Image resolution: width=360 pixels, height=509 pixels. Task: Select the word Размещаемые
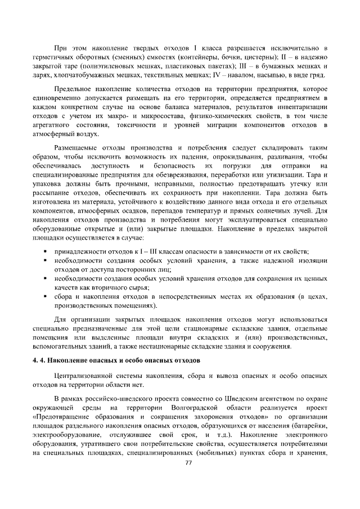(77, 148)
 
